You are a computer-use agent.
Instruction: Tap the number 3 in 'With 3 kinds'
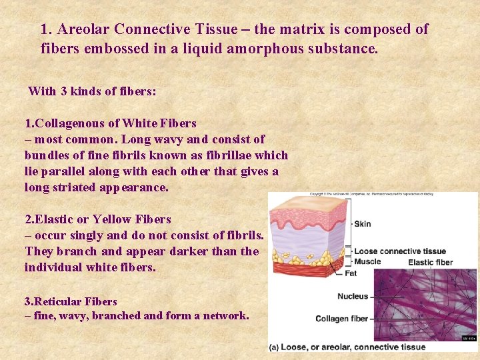click(x=65, y=91)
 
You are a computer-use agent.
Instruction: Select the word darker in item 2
click(x=186, y=251)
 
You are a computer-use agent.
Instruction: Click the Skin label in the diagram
click(x=363, y=224)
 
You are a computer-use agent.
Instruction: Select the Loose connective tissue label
click(x=400, y=251)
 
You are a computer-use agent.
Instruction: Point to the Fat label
click(x=351, y=273)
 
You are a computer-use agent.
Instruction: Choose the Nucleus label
click(x=353, y=296)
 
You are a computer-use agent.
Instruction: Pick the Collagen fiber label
click(x=341, y=319)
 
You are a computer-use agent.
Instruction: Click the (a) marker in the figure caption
click(x=275, y=347)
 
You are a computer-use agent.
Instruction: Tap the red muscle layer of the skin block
click(x=300, y=268)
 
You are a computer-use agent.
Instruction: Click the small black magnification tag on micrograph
click(x=469, y=338)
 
